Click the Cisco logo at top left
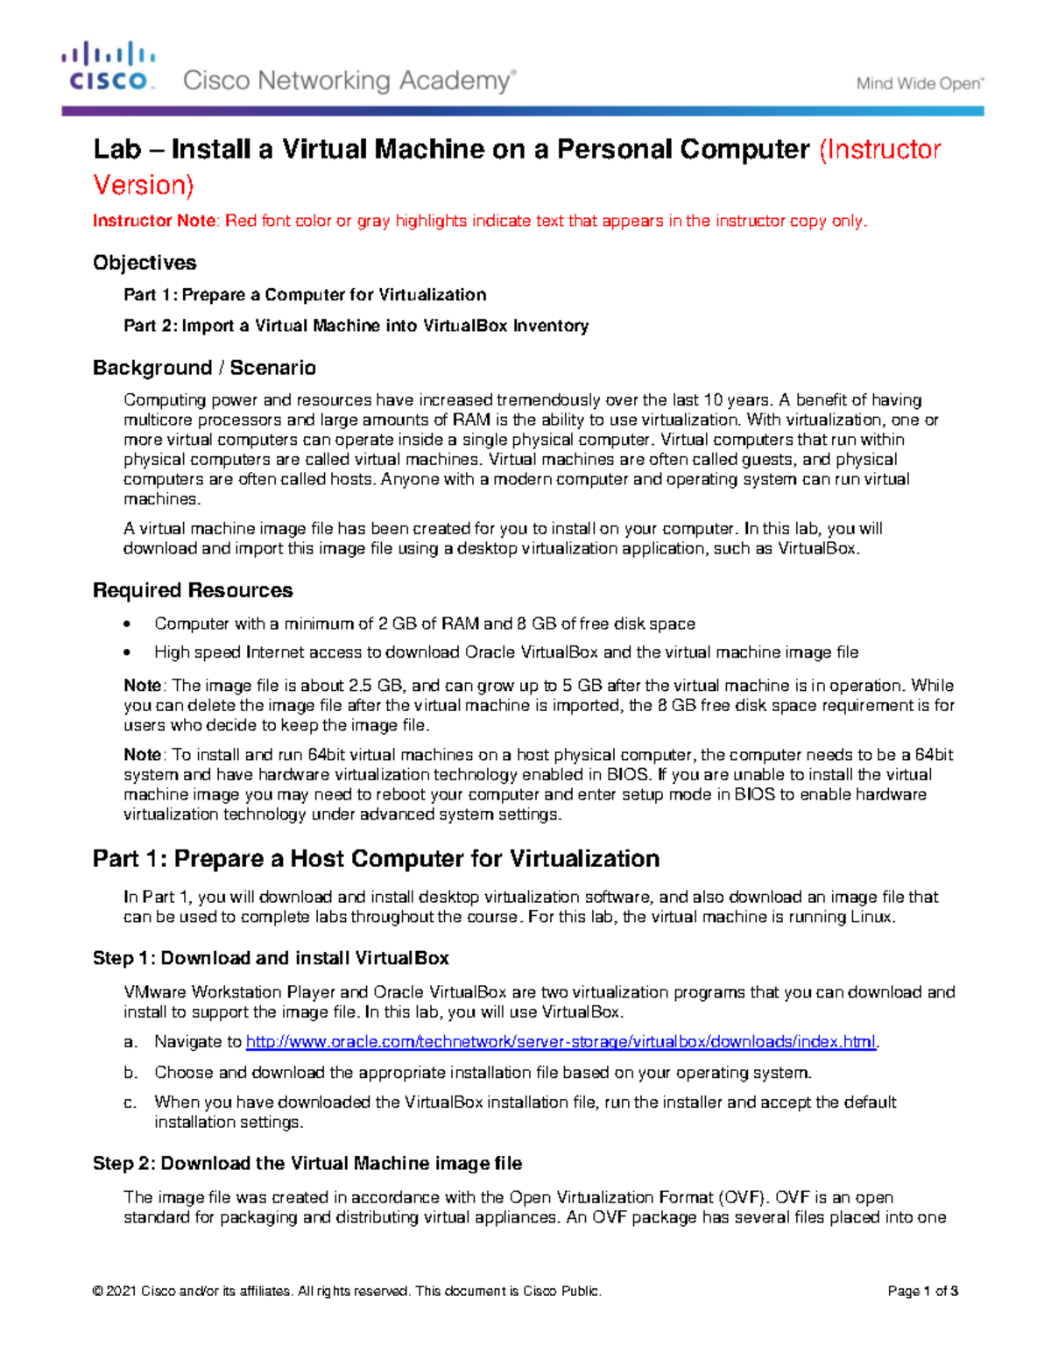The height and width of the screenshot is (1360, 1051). click(109, 67)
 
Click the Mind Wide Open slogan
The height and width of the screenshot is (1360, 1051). click(920, 84)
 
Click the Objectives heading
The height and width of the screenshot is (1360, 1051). click(145, 263)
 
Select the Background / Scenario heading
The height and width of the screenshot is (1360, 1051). click(204, 368)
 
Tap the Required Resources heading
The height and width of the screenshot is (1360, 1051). click(193, 590)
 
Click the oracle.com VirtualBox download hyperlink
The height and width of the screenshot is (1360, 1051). click(561, 1042)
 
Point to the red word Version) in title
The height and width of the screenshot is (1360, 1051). click(144, 186)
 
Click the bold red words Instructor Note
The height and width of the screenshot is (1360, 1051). click(154, 221)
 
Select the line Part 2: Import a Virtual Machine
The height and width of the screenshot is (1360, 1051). click(356, 326)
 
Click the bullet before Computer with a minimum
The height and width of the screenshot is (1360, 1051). click(129, 624)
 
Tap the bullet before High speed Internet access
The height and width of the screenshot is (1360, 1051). click(129, 652)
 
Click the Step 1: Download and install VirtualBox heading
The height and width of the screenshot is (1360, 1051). click(271, 958)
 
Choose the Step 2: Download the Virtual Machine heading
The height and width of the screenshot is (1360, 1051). click(307, 1163)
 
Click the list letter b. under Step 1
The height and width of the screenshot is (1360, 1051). click(130, 1073)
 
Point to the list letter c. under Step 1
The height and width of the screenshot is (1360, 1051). click(130, 1103)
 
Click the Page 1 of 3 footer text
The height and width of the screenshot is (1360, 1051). click(922, 1291)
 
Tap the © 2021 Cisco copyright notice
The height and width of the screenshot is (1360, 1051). click(347, 1291)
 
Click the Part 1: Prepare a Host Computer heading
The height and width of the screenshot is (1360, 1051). click(376, 858)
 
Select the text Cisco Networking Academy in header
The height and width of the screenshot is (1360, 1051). click(349, 81)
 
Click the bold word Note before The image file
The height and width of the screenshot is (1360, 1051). click(142, 686)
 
